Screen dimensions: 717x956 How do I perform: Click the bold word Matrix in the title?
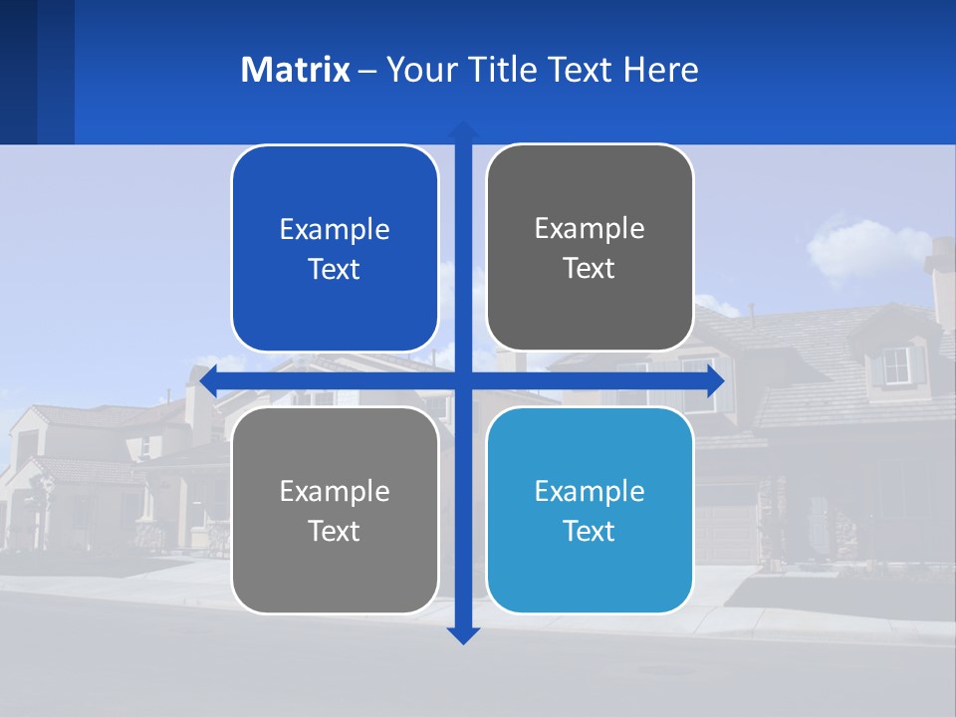tap(295, 70)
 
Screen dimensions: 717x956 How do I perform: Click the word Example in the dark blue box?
tap(335, 230)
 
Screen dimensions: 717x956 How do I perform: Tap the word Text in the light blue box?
tap(590, 531)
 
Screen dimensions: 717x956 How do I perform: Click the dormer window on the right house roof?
tap(897, 365)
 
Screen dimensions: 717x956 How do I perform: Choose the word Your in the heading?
tap(418, 70)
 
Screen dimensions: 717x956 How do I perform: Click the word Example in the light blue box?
tap(590, 492)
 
